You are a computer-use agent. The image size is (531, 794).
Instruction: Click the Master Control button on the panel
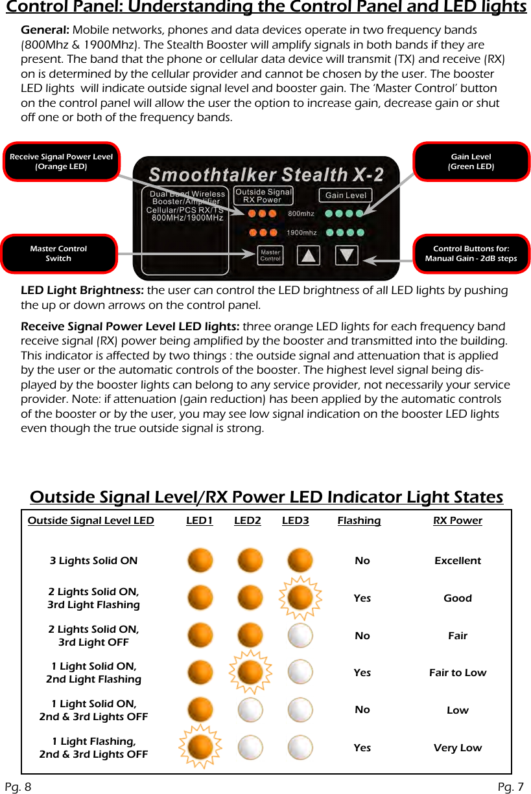(270, 255)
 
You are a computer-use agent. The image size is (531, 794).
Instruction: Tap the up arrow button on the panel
(309, 255)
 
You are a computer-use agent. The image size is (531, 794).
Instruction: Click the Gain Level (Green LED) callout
(471, 162)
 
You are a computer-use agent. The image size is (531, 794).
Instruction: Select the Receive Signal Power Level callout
(61, 162)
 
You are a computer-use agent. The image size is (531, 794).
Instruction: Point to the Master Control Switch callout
(58, 253)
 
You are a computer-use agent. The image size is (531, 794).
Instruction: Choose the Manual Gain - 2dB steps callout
(471, 253)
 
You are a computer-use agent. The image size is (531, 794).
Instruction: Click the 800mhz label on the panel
(301, 214)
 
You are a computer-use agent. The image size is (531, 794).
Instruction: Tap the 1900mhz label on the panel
(301, 233)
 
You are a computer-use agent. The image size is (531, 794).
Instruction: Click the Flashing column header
(359, 521)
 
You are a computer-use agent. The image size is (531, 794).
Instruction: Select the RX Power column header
(457, 521)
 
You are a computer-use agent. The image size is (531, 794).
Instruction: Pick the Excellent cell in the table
(458, 561)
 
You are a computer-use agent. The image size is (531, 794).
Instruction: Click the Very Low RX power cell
(458, 748)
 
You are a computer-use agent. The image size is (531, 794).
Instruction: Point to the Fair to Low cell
(458, 673)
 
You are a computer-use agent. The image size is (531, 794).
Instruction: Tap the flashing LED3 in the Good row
(300, 598)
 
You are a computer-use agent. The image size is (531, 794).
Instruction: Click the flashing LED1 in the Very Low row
(200, 747)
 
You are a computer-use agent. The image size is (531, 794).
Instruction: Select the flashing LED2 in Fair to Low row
(250, 673)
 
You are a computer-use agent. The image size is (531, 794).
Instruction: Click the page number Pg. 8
(18, 787)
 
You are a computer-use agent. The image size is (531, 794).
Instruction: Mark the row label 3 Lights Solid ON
(93, 561)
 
